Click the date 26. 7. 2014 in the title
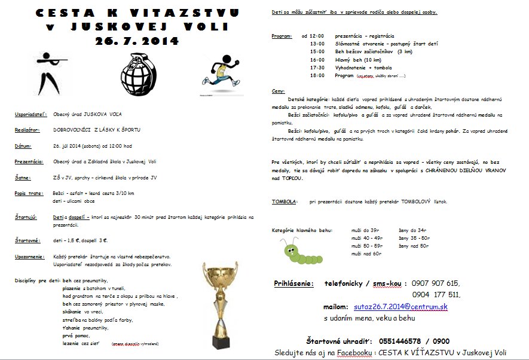tap(136, 41)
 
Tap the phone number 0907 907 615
tap(436, 283)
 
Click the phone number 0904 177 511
tap(436, 294)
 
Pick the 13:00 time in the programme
tap(317, 44)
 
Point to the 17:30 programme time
tap(317, 68)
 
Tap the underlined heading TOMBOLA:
tap(285, 202)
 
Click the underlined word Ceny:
tap(278, 91)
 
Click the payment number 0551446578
tap(400, 340)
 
